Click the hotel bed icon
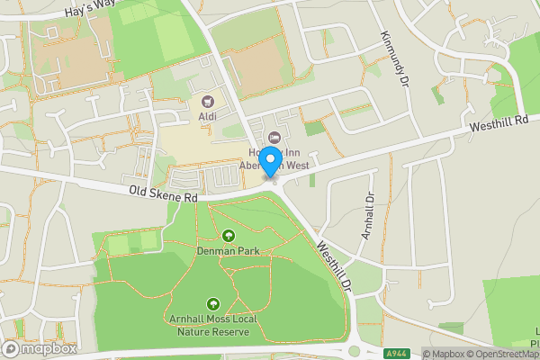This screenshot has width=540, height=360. [275, 138]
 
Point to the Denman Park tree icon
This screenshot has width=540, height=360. [229, 236]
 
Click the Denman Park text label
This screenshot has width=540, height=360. [229, 251]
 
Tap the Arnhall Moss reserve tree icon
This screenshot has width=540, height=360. [213, 305]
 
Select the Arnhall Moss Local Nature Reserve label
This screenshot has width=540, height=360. [213, 325]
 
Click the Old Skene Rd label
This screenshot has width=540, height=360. [162, 193]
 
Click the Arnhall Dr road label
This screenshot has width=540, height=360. [367, 215]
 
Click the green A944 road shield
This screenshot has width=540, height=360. [398, 353]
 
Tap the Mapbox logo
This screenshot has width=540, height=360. [40, 348]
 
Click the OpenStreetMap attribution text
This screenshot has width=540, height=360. [500, 354]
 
